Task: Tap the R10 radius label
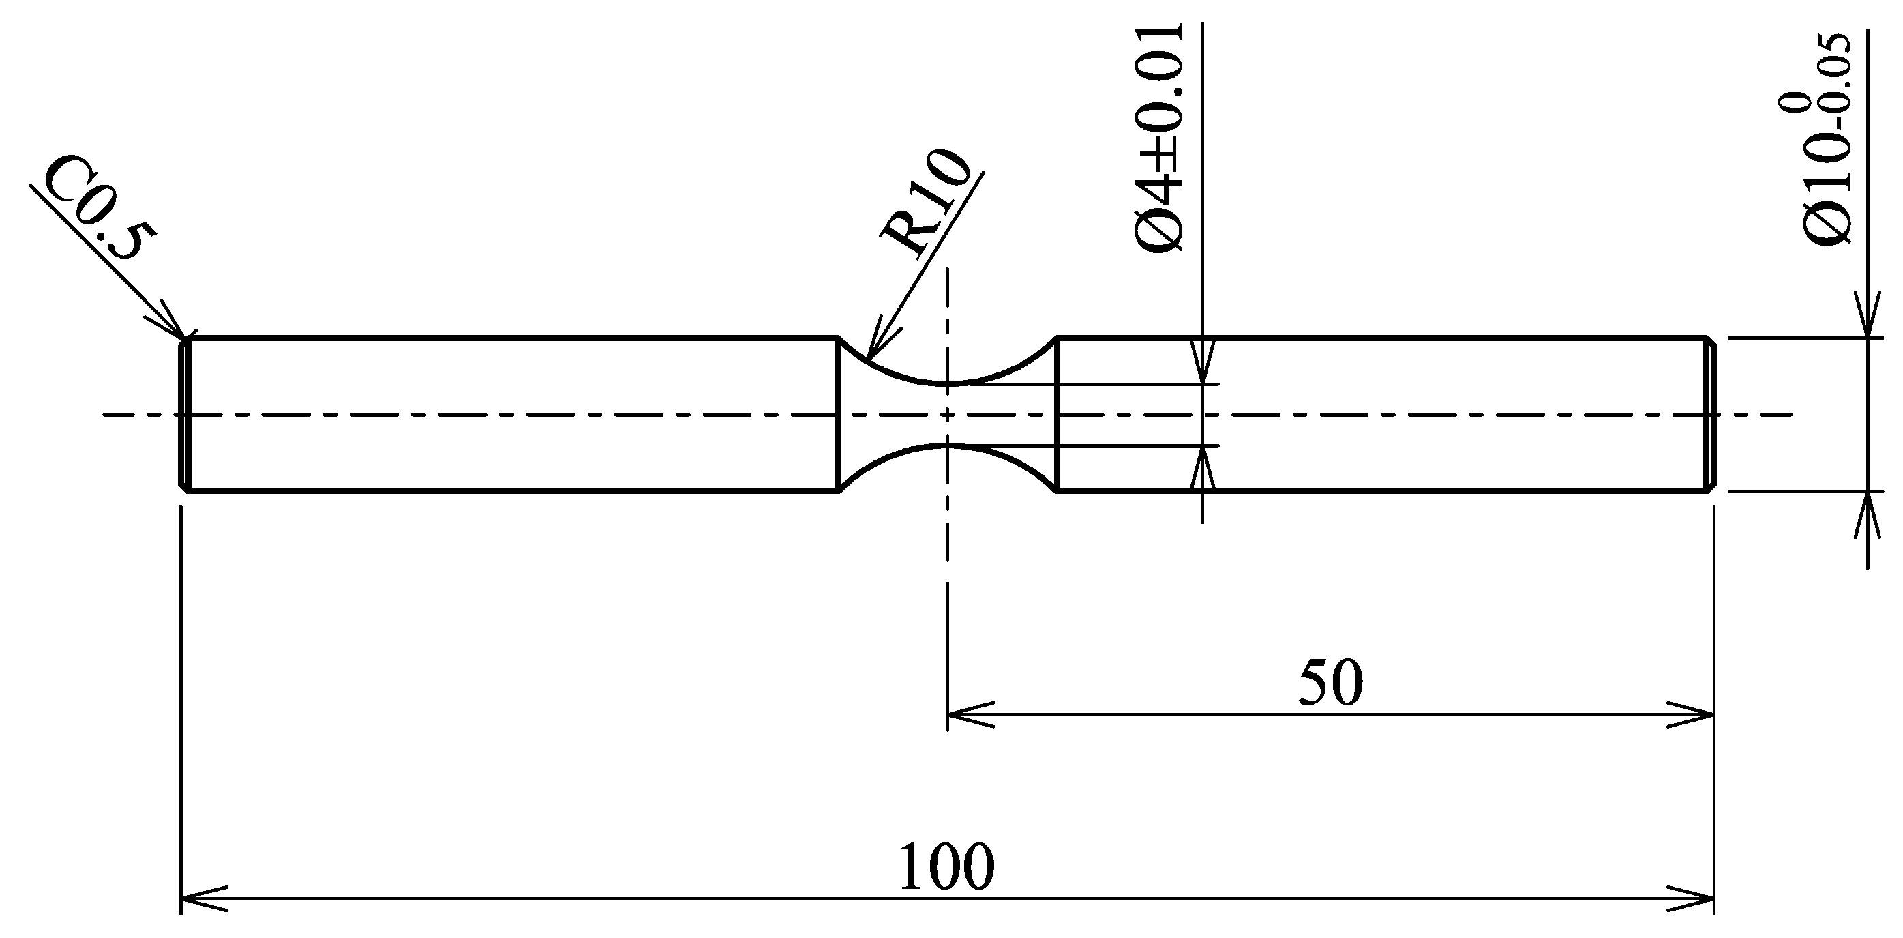(923, 205)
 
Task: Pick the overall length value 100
(946, 866)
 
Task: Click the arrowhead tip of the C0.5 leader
(185, 338)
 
